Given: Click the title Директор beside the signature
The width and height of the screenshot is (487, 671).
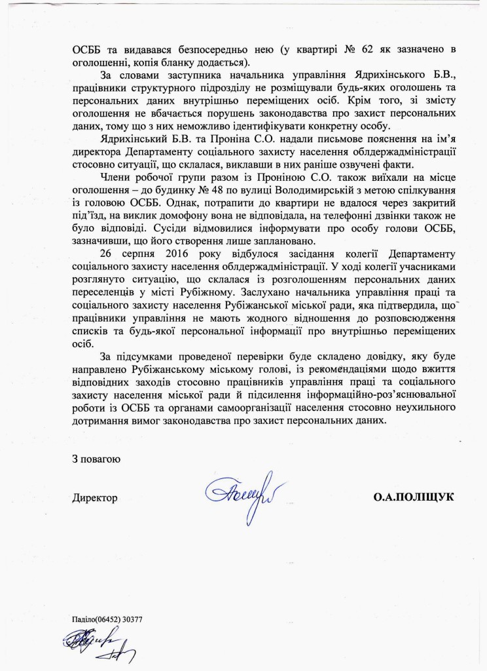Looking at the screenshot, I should tap(94, 499).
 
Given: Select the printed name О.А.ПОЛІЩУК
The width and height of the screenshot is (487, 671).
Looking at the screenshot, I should tap(414, 499).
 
